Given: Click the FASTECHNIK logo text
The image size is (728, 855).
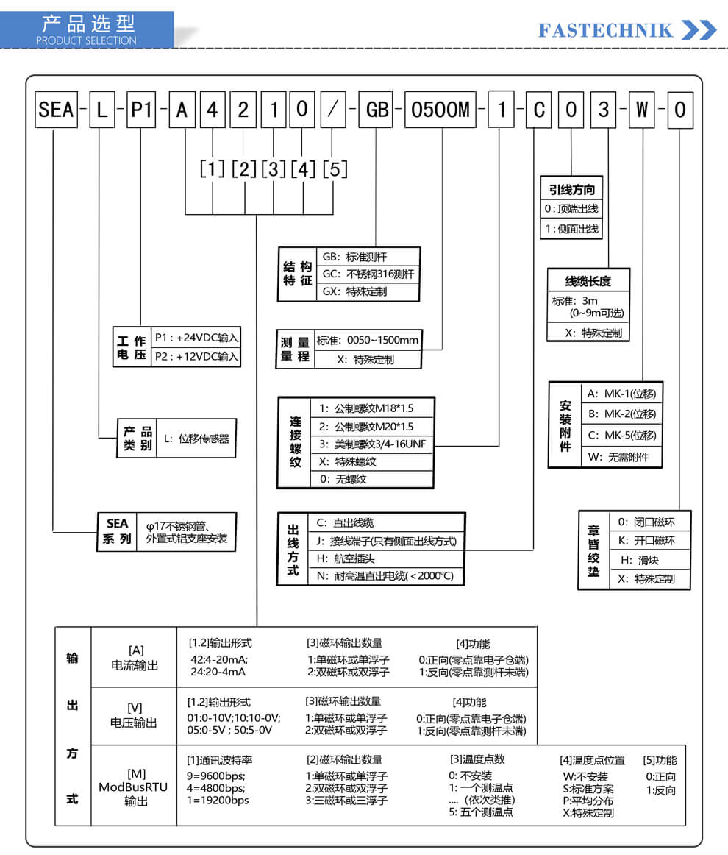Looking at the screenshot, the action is coord(605,31).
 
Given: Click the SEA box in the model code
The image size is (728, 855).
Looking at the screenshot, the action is coord(56,110).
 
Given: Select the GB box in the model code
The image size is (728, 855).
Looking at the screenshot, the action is coord(377,110).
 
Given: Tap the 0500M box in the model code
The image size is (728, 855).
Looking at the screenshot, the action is coord(440,110).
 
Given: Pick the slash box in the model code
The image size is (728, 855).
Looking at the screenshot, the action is coord(332,110).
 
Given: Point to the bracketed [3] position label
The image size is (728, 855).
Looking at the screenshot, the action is coord(274,169).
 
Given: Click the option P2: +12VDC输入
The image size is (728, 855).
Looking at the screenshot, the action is coord(196,357).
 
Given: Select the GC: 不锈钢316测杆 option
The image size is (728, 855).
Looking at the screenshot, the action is coord(368,274).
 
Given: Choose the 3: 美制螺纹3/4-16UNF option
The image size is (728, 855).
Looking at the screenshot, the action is coord(372,444).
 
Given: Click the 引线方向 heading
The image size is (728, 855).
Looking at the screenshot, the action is coord(571,189).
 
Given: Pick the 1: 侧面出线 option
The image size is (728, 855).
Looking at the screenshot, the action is coord(571,229).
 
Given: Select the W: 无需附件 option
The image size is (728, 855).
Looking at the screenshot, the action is coord(618,457).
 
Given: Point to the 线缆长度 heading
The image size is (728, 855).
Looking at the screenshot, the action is coord(588,281).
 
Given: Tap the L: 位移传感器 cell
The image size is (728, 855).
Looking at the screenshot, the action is coord(196,439).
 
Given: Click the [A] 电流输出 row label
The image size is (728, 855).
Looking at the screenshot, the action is coord(135,658).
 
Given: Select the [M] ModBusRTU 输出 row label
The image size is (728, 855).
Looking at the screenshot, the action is coord(134,787).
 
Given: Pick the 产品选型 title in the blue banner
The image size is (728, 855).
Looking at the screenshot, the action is coord(88,24).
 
